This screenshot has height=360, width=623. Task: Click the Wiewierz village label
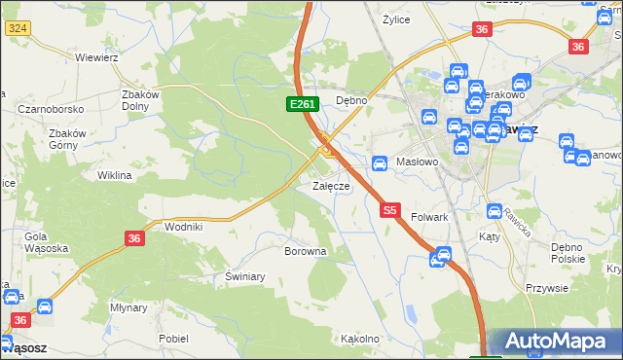click(x=96, y=57)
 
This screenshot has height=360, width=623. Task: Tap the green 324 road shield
click(x=17, y=29)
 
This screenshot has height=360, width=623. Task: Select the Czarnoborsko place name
click(x=49, y=109)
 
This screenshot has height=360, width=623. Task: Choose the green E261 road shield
click(x=299, y=104)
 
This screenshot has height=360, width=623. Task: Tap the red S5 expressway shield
click(x=390, y=209)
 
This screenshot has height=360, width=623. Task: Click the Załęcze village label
click(x=330, y=186)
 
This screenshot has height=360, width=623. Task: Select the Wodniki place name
click(x=183, y=226)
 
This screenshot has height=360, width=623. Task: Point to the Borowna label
click(x=305, y=251)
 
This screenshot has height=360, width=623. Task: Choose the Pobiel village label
click(x=173, y=339)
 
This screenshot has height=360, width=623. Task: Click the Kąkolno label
click(x=359, y=339)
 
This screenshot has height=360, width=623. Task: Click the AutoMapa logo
click(x=555, y=342)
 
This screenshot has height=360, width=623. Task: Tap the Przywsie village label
click(x=546, y=287)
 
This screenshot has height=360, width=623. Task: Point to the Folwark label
click(x=429, y=217)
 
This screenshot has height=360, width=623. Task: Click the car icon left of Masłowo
click(x=381, y=162)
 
